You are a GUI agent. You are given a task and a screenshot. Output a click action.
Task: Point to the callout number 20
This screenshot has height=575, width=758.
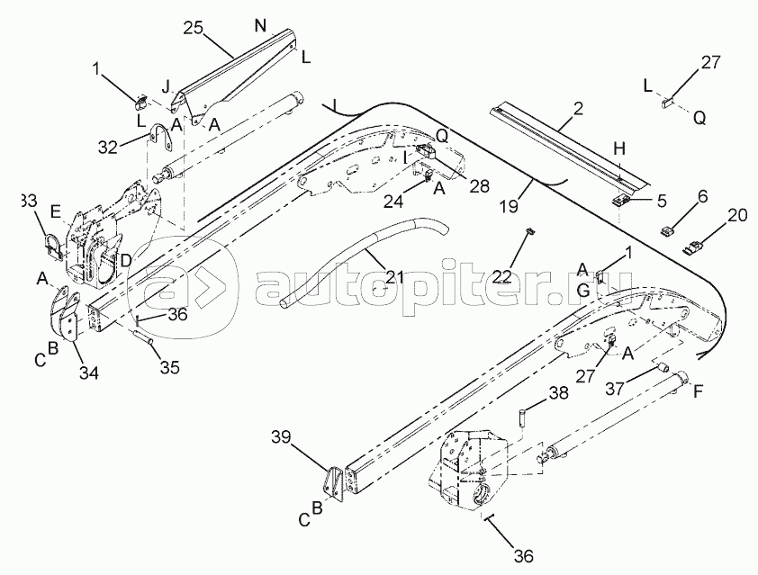point(737,216)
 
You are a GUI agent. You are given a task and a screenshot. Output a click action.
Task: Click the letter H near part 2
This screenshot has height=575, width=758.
point(618,147)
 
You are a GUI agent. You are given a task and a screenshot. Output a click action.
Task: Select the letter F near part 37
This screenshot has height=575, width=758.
point(697,391)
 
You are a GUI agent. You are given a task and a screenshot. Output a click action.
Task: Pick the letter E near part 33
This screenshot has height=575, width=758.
point(56,213)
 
